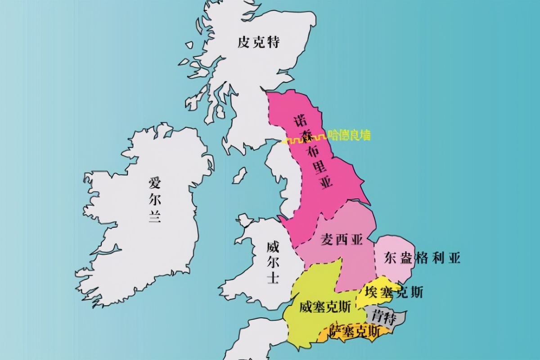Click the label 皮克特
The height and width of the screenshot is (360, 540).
click(x=259, y=42)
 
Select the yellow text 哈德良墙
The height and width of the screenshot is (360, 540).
click(x=350, y=135)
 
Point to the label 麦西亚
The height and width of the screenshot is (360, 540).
click(x=342, y=240)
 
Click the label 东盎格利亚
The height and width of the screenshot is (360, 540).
click(x=422, y=258)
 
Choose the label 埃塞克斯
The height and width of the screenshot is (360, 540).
click(x=394, y=292)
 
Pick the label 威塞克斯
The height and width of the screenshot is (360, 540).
click(x=325, y=307)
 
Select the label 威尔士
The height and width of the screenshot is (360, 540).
click(x=273, y=262)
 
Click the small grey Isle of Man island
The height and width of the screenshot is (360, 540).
click(x=239, y=175)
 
